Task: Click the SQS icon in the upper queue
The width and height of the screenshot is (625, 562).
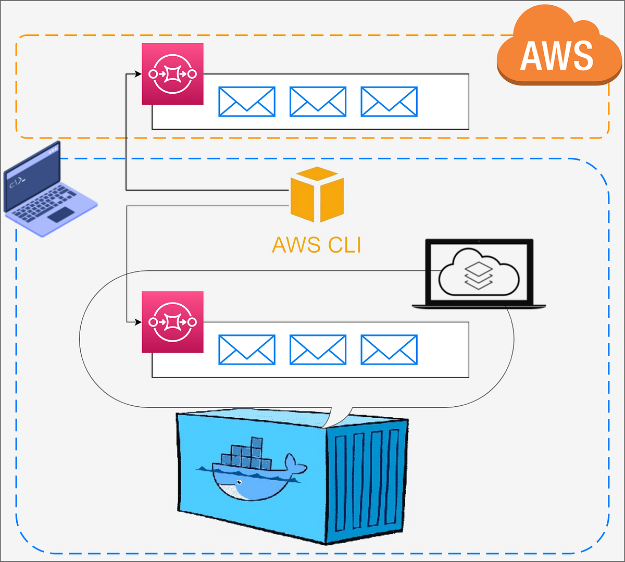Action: pyautogui.click(x=172, y=74)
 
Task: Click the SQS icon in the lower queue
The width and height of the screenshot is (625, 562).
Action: pyautogui.click(x=172, y=322)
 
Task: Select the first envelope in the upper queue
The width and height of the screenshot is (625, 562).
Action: pyautogui.click(x=247, y=102)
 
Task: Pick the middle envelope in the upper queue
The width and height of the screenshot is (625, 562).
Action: pyautogui.click(x=318, y=102)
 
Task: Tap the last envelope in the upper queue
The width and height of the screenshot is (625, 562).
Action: pyautogui.click(x=389, y=102)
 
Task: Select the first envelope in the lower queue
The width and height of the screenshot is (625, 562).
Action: pyautogui.click(x=247, y=349)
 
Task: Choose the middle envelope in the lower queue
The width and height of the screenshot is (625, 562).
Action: pyautogui.click(x=318, y=349)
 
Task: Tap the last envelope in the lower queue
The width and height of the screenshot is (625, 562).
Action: pyautogui.click(x=389, y=349)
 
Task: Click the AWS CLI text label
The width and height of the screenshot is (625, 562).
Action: pyautogui.click(x=317, y=245)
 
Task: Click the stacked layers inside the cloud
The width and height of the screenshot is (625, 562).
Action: pyautogui.click(x=478, y=275)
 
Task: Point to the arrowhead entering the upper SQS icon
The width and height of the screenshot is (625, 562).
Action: pyautogui.click(x=139, y=74)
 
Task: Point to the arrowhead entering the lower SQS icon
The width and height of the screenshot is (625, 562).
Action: pyautogui.click(x=139, y=322)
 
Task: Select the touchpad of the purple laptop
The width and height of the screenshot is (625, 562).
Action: pyautogui.click(x=61, y=214)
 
